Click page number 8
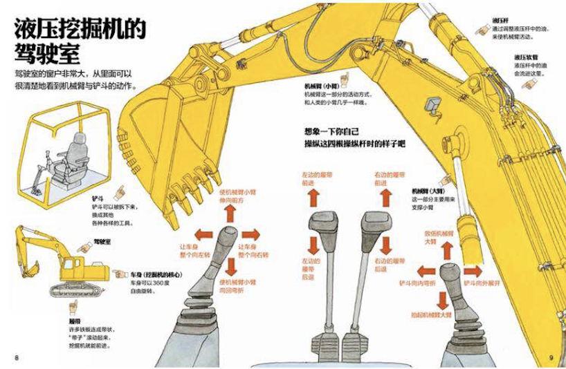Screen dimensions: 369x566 coord(15,357)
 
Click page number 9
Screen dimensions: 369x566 coord(551,357)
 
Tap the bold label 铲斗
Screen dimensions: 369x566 coord(98,198)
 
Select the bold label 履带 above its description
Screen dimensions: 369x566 coord(75,322)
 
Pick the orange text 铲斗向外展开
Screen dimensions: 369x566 coord(484,284)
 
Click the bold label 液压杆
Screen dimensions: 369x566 coord(501,20)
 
